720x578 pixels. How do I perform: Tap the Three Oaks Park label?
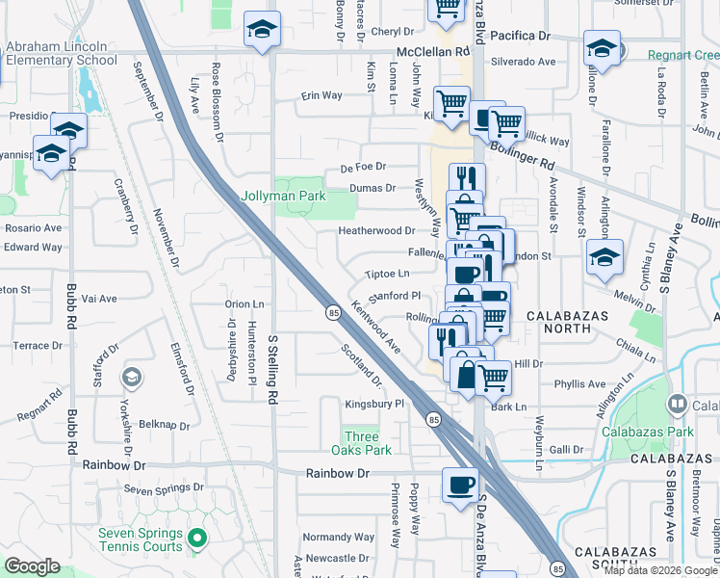[361, 443]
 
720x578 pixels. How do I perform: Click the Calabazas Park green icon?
[678, 405]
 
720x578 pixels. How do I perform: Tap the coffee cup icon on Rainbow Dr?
[459, 484]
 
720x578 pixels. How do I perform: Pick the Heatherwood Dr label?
[376, 231]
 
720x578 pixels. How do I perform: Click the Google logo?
[32, 566]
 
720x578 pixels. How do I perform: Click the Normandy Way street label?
[331, 537]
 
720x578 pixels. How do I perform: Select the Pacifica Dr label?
[520, 36]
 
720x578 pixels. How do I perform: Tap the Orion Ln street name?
[244, 303]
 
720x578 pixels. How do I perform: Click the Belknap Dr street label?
[164, 424]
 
